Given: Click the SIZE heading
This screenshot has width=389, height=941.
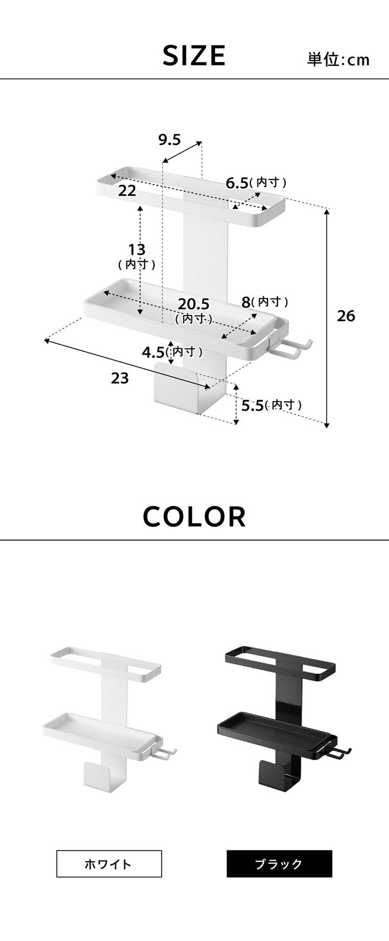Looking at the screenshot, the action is coord(194,55).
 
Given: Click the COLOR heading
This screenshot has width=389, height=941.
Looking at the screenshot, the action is coord(194,517).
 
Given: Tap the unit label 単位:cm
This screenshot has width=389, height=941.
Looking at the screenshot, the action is coord(338,60).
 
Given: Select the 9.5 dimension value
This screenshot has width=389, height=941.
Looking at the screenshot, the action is coord(169,139).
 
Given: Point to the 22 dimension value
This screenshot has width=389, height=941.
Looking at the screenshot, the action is coord(127,191).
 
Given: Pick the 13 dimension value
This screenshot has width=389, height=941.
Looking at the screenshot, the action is coord(137,250).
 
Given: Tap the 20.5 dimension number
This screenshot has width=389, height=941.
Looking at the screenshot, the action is coord(193,304).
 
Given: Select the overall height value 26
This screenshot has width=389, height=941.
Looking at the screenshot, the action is coord(346,316).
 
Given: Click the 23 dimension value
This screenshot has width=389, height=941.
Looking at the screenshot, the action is coord(120,378).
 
